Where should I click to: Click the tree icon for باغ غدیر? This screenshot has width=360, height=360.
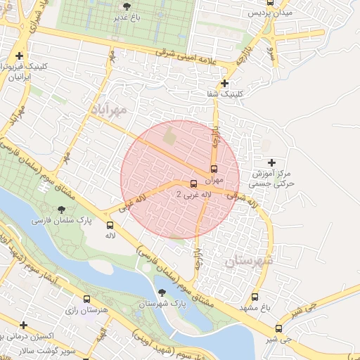(x=127, y=6)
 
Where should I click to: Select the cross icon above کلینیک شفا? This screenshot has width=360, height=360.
(x=224, y=83)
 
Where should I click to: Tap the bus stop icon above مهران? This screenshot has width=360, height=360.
(x=214, y=169)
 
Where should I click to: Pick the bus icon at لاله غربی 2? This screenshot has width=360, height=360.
(x=194, y=184)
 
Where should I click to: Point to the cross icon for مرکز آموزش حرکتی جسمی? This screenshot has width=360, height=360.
(x=273, y=162)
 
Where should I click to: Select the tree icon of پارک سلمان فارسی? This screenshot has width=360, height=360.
(x=63, y=210)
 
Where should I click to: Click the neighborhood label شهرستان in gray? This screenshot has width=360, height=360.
(x=249, y=261)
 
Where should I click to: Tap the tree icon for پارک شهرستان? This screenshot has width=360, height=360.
(x=162, y=292)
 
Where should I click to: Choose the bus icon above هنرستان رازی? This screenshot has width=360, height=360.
(x=86, y=299)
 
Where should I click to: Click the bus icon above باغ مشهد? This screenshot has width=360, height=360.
(x=255, y=297)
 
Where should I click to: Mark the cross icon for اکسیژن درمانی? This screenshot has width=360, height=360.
(x=23, y=326)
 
